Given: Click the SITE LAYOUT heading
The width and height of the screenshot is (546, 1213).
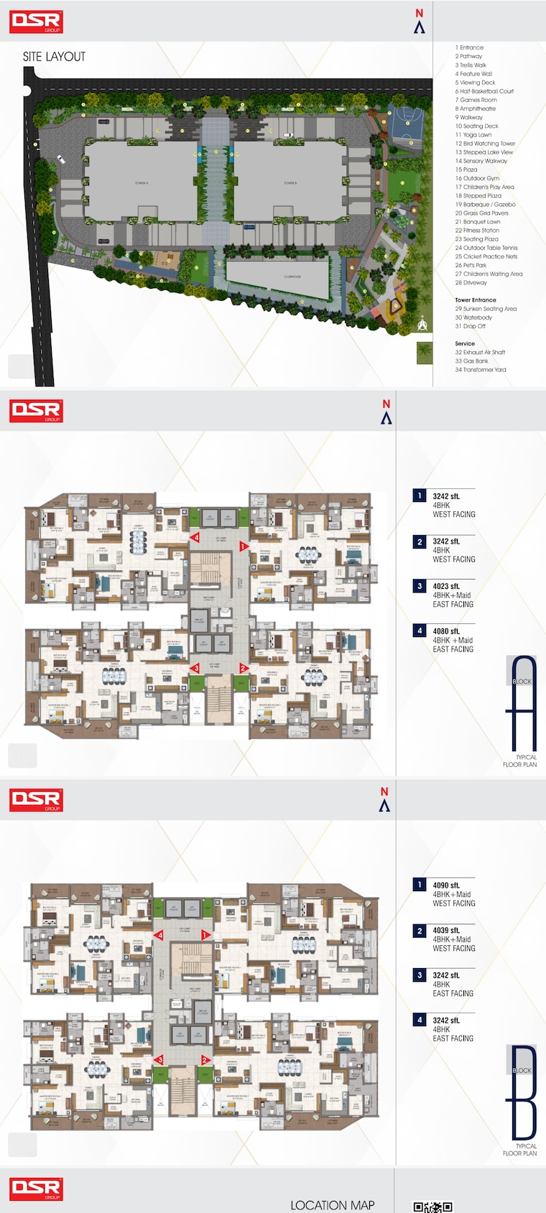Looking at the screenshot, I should (x=54, y=57).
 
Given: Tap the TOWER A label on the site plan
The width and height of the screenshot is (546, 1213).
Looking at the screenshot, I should (x=141, y=183).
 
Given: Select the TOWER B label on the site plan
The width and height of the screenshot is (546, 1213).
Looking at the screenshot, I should (x=290, y=183).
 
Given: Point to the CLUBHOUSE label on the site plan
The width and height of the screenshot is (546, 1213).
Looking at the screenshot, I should (x=292, y=276).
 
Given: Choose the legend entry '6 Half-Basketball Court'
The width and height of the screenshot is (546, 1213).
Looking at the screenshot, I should (x=484, y=91).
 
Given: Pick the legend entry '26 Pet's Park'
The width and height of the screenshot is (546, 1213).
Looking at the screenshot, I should (x=471, y=265).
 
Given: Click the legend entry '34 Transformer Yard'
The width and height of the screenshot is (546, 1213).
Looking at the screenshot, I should (x=480, y=370).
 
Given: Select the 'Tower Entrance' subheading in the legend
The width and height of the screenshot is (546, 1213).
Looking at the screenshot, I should (x=475, y=300).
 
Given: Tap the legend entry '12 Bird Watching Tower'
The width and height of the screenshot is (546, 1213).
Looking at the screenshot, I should (x=485, y=144).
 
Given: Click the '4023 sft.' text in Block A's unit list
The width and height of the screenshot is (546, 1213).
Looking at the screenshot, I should (x=446, y=586).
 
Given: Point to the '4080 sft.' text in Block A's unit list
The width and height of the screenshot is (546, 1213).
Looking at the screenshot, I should (x=446, y=631).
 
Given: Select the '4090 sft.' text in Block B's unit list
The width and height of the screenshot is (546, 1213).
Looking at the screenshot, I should (x=446, y=886).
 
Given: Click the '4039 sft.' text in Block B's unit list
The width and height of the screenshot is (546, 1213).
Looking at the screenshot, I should (x=446, y=930).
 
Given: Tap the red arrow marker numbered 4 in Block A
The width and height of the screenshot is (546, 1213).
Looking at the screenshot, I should (x=195, y=537).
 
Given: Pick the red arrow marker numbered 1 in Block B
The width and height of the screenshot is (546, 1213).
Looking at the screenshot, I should (x=205, y=935).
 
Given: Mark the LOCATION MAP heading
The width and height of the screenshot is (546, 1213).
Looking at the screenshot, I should (x=332, y=1205).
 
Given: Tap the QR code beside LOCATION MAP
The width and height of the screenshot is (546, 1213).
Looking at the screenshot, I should (x=432, y=1207).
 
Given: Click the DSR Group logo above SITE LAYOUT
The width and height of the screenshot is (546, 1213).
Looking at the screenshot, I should (x=36, y=22).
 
